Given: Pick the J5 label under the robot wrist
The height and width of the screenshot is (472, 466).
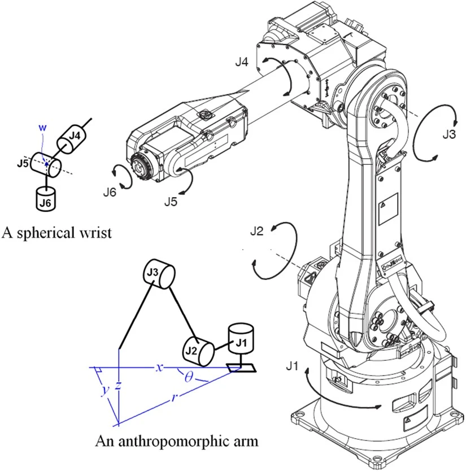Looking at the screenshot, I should point(172,200).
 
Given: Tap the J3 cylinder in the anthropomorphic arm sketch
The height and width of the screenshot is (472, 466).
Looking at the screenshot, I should point(159,274).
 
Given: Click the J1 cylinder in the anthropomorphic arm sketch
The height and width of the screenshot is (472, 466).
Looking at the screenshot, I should point(241,338).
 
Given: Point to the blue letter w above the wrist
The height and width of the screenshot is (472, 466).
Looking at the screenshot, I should point(40,126).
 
